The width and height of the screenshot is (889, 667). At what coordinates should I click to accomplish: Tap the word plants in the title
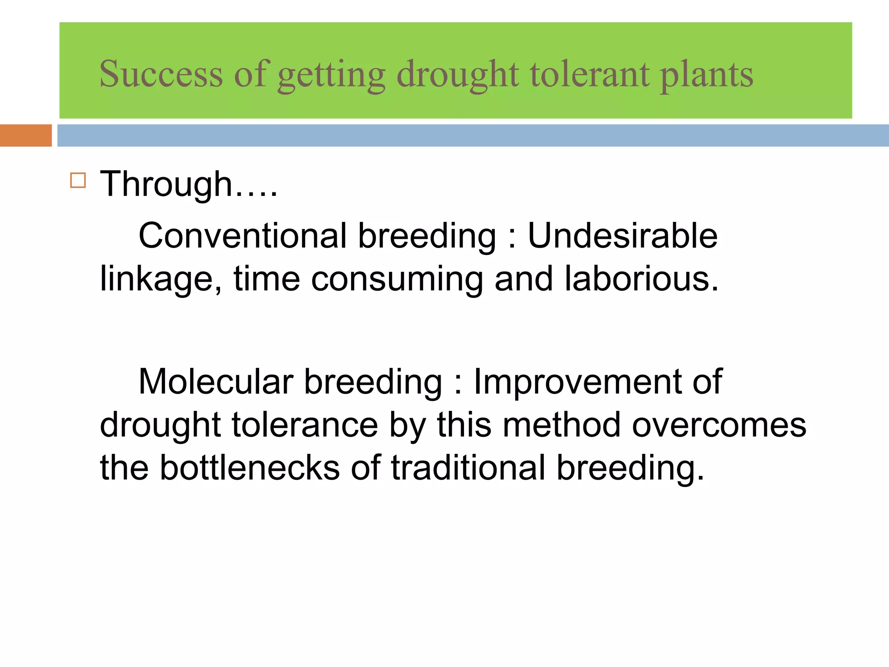pyautogui.click(x=706, y=75)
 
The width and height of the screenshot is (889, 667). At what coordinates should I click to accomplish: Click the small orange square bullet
pyautogui.click(x=78, y=180)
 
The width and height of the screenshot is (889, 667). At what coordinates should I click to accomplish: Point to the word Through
pyautogui.click(x=166, y=184)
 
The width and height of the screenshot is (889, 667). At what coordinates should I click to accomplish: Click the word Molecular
pyautogui.click(x=216, y=382)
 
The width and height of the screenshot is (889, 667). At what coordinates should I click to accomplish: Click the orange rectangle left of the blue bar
pyautogui.click(x=26, y=135)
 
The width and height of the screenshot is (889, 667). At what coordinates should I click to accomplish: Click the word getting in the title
pyautogui.click(x=331, y=75)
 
